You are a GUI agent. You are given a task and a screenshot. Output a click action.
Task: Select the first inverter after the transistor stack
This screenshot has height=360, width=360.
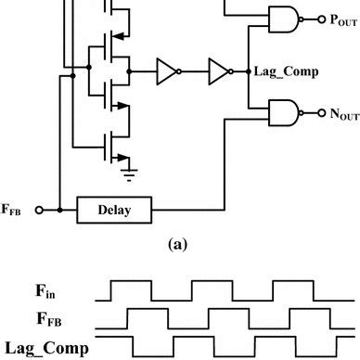point(169,71)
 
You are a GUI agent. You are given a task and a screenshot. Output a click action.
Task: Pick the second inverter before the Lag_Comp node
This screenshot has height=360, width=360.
point(219,71)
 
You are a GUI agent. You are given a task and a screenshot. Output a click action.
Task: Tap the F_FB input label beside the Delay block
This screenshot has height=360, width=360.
point(18,211)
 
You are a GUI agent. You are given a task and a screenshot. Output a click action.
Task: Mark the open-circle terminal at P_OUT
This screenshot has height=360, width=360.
point(315,18)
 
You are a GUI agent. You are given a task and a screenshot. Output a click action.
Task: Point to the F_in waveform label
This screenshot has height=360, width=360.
point(42,291)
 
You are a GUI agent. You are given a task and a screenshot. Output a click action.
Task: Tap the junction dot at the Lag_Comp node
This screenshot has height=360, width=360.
point(248,71)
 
